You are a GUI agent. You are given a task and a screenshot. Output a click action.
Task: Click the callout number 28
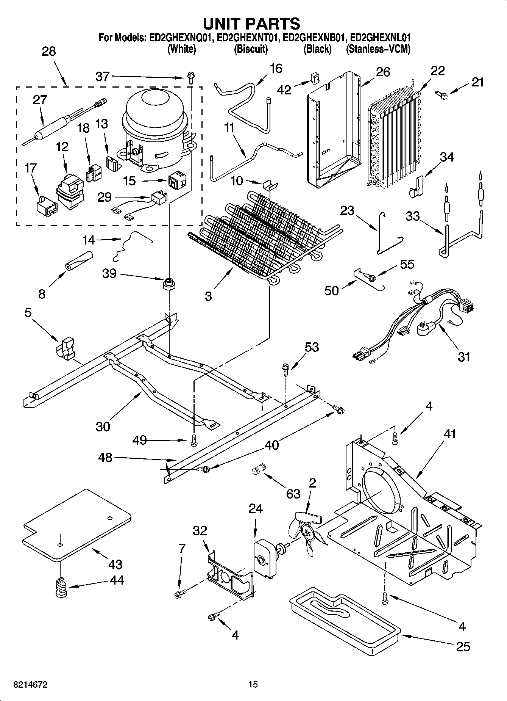click(x=48, y=52)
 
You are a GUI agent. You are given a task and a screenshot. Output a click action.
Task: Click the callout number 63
click(x=293, y=494)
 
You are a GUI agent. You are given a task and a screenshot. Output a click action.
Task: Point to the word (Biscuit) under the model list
click(x=251, y=49)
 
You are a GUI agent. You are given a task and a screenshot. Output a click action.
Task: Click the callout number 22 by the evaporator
click(x=437, y=71)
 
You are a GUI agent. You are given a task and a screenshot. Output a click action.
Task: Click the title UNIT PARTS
click(x=252, y=24)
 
